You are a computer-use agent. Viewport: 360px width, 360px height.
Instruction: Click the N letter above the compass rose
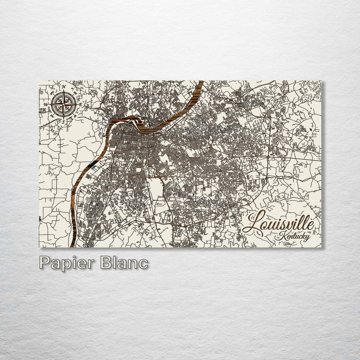tap(63, 87)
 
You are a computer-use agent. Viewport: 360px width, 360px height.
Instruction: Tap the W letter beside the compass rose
tap(46, 104)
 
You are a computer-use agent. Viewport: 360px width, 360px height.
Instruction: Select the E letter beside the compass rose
tap(80, 105)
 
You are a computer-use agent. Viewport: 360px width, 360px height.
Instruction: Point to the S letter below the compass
tap(63, 121)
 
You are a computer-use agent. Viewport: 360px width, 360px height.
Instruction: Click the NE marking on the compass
tap(75, 94)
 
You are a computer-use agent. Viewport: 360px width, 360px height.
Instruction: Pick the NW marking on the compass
tap(52, 93)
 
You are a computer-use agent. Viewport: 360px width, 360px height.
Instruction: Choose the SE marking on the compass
tap(75, 115)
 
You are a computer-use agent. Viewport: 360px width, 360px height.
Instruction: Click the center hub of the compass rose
tap(63, 104)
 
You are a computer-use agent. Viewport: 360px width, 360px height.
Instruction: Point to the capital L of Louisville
tap(255, 223)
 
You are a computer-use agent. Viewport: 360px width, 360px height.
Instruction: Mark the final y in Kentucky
tap(307, 237)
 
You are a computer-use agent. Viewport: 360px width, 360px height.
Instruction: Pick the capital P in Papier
tap(45, 263)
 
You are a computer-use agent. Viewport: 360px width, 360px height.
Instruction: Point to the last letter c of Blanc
tap(144, 264)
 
